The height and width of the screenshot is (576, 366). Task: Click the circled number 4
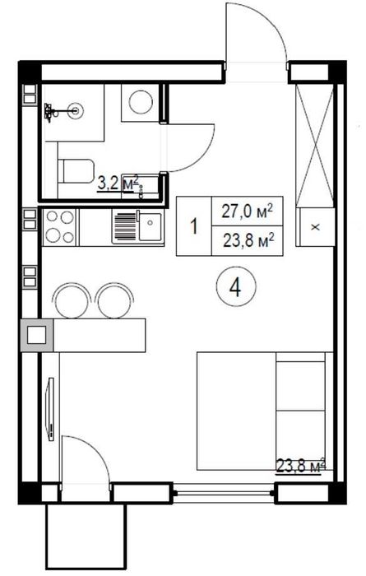click(x=235, y=286)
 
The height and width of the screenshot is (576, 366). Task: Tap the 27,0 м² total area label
click(x=248, y=211)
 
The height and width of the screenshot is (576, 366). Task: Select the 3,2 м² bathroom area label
click(x=118, y=183)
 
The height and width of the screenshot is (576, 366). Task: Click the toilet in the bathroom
click(x=76, y=171)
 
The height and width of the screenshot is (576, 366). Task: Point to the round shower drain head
click(x=77, y=109)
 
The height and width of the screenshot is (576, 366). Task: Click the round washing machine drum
click(x=141, y=102)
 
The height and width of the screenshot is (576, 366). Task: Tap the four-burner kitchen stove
click(x=58, y=227)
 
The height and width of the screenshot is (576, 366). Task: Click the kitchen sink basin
click(x=151, y=227)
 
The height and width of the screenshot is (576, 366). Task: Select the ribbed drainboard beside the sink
click(x=125, y=226)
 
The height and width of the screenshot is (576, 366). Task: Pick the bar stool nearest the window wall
click(x=72, y=300)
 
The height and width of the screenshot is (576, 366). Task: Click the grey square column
click(x=37, y=335)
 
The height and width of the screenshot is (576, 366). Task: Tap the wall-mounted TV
click(x=49, y=408)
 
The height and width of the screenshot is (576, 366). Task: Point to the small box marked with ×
click(x=315, y=227)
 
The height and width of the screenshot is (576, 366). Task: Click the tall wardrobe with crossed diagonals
click(x=315, y=146)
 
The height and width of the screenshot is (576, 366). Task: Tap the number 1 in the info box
click(x=194, y=226)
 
